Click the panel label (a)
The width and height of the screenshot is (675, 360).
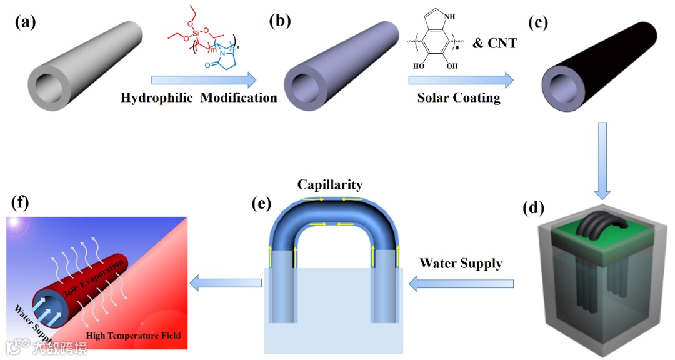tap(26, 23)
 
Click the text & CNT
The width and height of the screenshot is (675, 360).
tap(496, 43)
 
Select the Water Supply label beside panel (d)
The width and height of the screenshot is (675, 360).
tap(461, 263)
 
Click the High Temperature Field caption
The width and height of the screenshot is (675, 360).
tap(133, 336)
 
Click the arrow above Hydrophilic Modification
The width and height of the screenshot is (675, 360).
tap(204, 79)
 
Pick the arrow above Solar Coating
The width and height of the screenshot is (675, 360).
tap(461, 79)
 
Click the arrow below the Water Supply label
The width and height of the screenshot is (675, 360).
tap(461, 284)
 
